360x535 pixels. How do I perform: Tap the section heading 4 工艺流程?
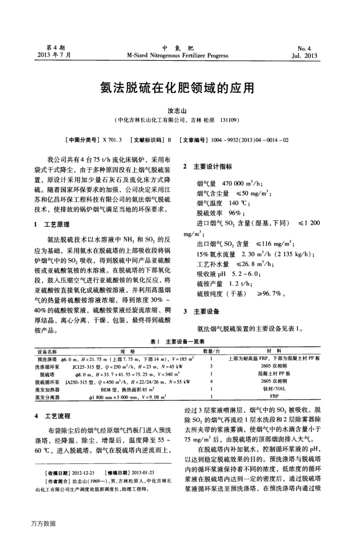pyautogui.click(x=50, y=416)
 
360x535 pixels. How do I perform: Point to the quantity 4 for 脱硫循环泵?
pyautogui.click(x=211, y=382)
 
